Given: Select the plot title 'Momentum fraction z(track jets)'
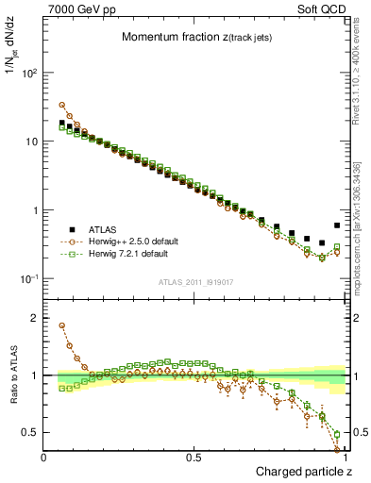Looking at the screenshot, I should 196,37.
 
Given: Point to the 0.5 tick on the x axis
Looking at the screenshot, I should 194,457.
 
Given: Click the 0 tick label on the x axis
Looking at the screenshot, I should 44,457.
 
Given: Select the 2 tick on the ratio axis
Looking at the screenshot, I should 34,318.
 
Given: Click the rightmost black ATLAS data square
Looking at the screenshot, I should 337,225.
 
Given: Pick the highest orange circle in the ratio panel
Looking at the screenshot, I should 62,325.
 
